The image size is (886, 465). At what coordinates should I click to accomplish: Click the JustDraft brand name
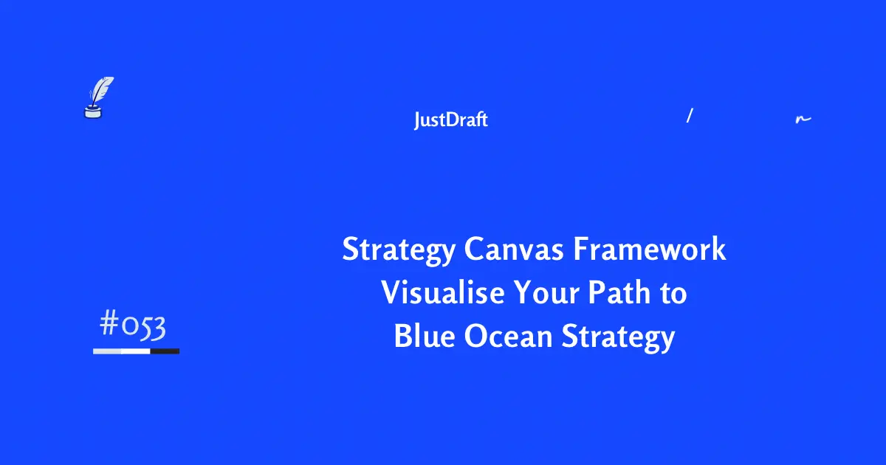(450, 120)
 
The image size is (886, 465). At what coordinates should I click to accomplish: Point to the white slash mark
(689, 115)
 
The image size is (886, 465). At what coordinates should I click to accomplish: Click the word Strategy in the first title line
(399, 251)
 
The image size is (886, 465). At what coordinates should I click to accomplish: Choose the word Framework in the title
(650, 249)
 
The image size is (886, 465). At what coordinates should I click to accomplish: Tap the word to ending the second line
(673, 294)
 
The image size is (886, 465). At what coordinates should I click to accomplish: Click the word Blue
(424, 337)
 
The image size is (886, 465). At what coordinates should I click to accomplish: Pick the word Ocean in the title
(508, 337)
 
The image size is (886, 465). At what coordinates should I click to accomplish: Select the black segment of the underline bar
(165, 351)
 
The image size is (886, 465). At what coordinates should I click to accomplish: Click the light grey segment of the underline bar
(107, 351)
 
